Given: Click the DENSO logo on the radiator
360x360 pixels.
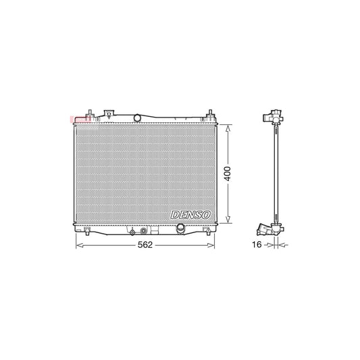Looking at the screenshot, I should pyautogui.click(x=192, y=214).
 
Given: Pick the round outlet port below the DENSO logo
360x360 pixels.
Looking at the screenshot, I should pyautogui.click(x=180, y=230).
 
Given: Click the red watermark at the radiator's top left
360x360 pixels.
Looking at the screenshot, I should pyautogui.click(x=76, y=120).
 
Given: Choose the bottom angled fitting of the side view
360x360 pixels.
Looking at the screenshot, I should pyautogui.click(x=270, y=230).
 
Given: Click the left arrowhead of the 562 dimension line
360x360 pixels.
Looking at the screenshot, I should pyautogui.click(x=76, y=246).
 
